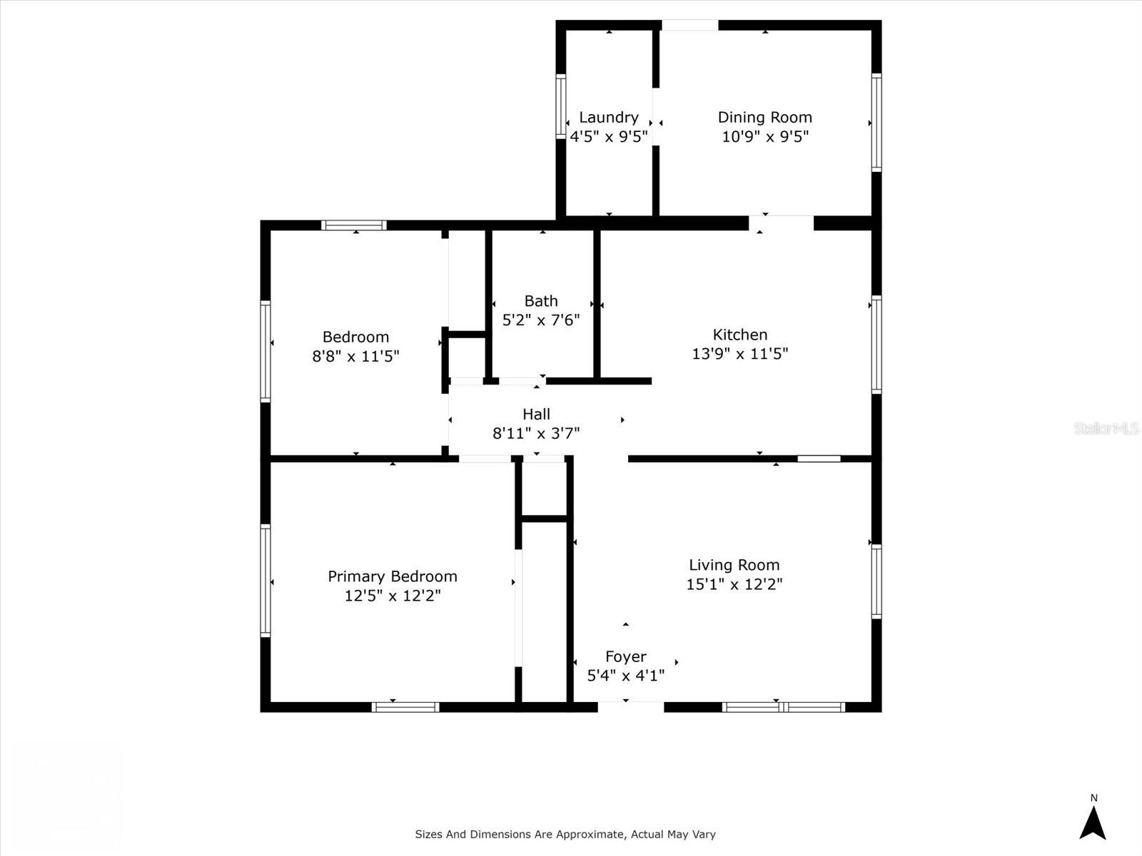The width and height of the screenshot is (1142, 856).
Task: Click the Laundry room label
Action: tap(608, 117)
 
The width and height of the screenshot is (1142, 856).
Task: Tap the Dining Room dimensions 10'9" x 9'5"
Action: tap(764, 136)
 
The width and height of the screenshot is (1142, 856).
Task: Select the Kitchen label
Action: tap(740, 335)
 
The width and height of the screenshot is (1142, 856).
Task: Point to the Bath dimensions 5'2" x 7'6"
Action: tap(541, 320)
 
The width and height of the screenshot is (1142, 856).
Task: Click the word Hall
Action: tap(536, 414)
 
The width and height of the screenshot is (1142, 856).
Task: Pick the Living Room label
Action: tap(734, 565)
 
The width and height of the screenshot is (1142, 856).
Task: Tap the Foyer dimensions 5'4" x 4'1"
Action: tap(625, 676)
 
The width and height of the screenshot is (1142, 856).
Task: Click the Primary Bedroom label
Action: tap(392, 576)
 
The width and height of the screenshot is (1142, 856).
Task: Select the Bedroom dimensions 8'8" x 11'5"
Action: tap(355, 356)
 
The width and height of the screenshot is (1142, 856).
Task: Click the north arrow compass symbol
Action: tap(1092, 822)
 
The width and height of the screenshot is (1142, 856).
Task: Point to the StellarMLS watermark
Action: tap(1106, 428)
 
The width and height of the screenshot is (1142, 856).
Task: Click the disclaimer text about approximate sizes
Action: tap(565, 834)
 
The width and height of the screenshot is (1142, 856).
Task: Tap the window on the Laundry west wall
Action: tap(561, 107)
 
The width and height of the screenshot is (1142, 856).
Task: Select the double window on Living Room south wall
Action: tap(783, 707)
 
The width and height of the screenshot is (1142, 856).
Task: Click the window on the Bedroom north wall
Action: tap(354, 225)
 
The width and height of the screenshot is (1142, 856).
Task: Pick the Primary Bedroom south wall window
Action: tap(405, 707)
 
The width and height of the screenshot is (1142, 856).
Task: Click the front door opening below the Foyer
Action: tap(630, 706)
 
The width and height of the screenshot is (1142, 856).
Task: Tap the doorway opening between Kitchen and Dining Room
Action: tap(781, 223)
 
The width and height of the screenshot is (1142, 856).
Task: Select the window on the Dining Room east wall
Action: tap(876, 121)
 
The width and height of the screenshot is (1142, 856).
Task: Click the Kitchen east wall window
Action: tap(876, 344)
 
